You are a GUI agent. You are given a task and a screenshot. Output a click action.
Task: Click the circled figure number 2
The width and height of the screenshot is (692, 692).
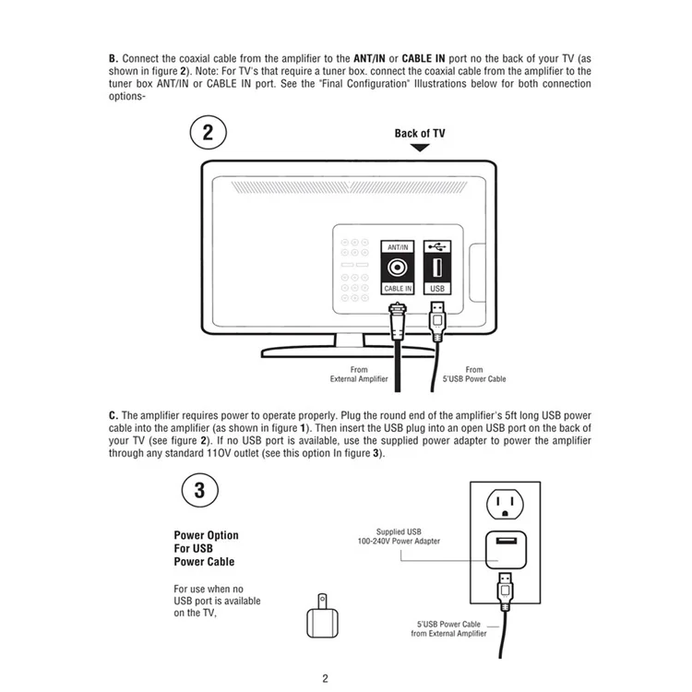pyautogui.click(x=208, y=132)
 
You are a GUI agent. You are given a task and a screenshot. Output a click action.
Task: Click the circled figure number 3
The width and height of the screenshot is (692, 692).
pyautogui.click(x=200, y=490)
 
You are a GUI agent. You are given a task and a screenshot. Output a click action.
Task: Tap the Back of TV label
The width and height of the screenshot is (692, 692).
pyautogui.click(x=420, y=133)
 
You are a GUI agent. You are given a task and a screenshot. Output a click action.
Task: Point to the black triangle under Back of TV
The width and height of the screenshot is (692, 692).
pyautogui.click(x=420, y=148)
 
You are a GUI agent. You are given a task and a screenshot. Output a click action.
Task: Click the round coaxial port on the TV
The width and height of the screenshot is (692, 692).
pyautogui.click(x=397, y=267)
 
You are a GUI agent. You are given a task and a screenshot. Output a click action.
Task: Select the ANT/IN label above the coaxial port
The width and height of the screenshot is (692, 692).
pyautogui.click(x=398, y=247)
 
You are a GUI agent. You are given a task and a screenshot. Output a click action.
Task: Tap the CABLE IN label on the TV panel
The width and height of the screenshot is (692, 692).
pyautogui.click(x=398, y=289)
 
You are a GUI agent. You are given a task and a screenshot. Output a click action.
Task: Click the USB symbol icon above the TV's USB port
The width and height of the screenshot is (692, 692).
pyautogui.click(x=437, y=246)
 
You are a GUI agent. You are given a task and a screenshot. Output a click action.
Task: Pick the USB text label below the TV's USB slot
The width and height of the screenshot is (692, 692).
pyautogui.click(x=437, y=289)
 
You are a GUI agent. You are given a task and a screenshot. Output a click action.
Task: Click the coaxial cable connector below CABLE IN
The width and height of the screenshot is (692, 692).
pyautogui.click(x=398, y=321)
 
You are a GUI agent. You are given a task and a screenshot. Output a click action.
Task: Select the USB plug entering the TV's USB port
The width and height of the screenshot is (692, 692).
pyautogui.click(x=437, y=321)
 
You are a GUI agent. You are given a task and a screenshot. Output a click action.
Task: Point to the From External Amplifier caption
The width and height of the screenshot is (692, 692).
pyautogui.click(x=359, y=375)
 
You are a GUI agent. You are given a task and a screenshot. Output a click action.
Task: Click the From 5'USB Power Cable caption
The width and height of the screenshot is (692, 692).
pyautogui.click(x=474, y=375)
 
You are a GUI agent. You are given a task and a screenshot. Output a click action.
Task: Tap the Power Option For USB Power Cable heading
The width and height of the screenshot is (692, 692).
pyautogui.click(x=206, y=548)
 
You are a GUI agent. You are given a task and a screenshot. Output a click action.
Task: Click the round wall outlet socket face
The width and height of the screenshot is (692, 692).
pyautogui.click(x=505, y=504)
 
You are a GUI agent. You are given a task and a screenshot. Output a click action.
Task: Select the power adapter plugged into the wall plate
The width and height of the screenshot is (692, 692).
pyautogui.click(x=506, y=550)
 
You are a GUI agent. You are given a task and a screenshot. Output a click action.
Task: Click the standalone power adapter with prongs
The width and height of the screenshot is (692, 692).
pyautogui.click(x=322, y=616)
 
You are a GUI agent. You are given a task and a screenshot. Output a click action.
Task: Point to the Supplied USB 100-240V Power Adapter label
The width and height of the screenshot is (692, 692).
pyautogui.click(x=399, y=536)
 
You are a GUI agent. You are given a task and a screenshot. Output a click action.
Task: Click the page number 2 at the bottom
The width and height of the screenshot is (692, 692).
pyautogui.click(x=326, y=678)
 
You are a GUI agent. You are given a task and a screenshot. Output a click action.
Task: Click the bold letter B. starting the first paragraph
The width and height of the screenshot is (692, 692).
pyautogui.click(x=113, y=59)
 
